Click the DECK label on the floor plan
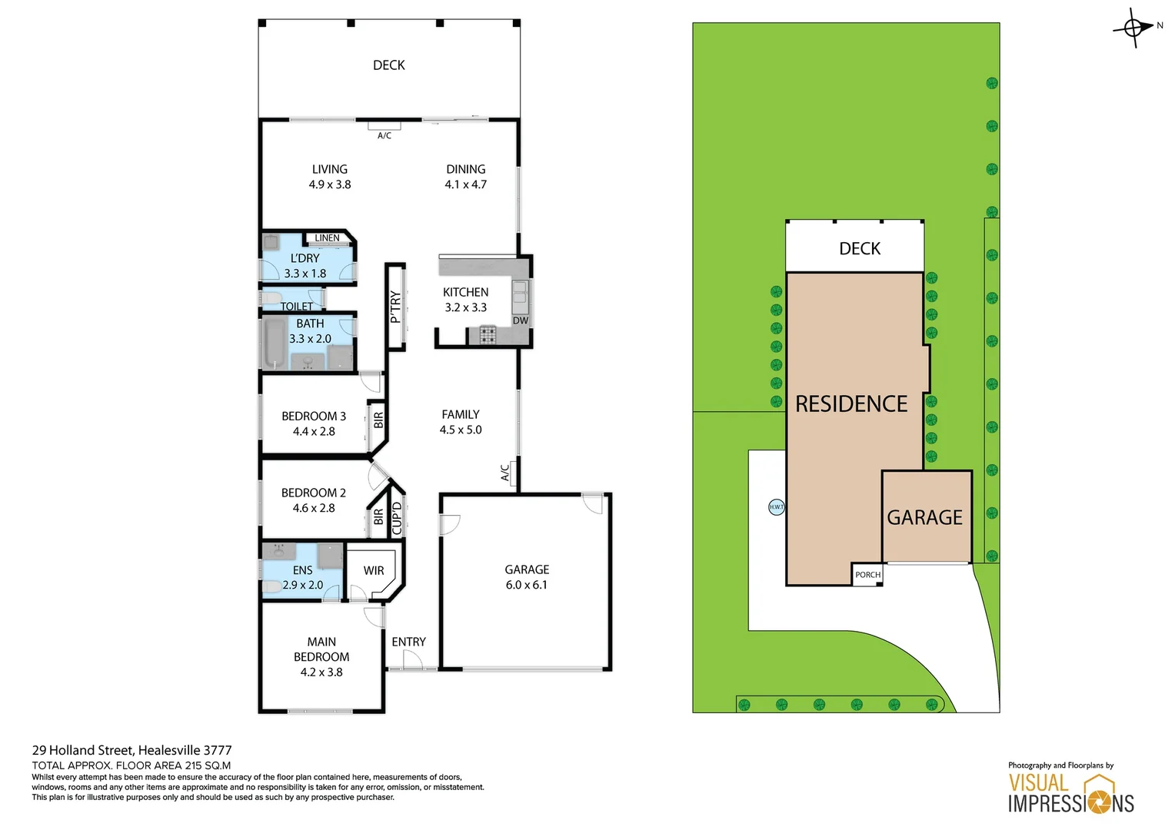point(388,65)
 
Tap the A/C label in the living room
point(384,136)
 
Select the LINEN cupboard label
point(327,238)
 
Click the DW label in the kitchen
point(521,320)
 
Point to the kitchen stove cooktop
point(488,335)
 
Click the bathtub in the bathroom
point(274,343)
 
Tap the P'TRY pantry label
point(395,307)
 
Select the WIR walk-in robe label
point(374,571)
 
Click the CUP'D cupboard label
point(397,518)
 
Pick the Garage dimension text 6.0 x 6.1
point(527,585)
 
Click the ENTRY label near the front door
point(408,642)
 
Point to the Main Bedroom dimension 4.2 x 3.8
point(321,672)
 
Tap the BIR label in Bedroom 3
point(378,420)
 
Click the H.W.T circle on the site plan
point(777,507)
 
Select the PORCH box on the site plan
point(867,575)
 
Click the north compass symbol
point(1134,28)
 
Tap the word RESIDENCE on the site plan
point(851,404)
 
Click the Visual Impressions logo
point(1070,794)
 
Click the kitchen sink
point(520,293)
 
